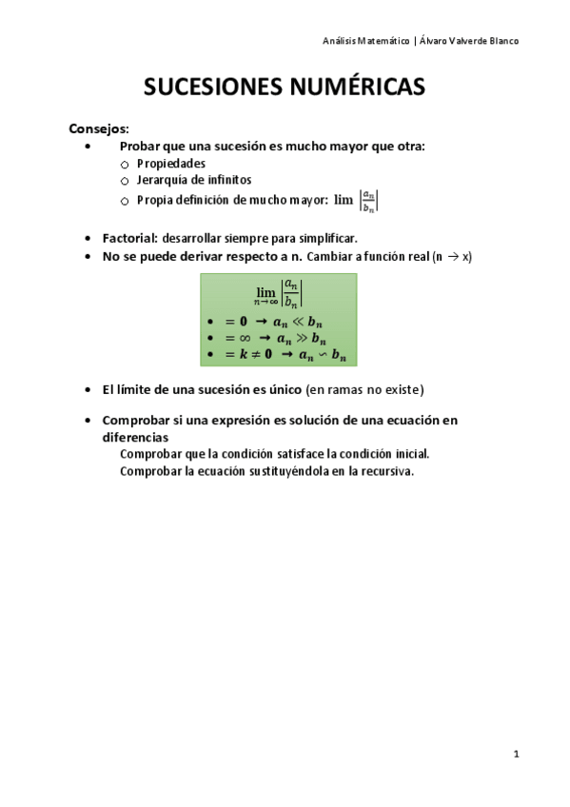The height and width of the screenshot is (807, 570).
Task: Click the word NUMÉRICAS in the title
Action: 354,89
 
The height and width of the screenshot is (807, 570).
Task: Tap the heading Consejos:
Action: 99,128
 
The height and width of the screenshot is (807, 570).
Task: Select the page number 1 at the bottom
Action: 516,754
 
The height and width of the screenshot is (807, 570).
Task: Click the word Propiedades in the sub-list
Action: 171,163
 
